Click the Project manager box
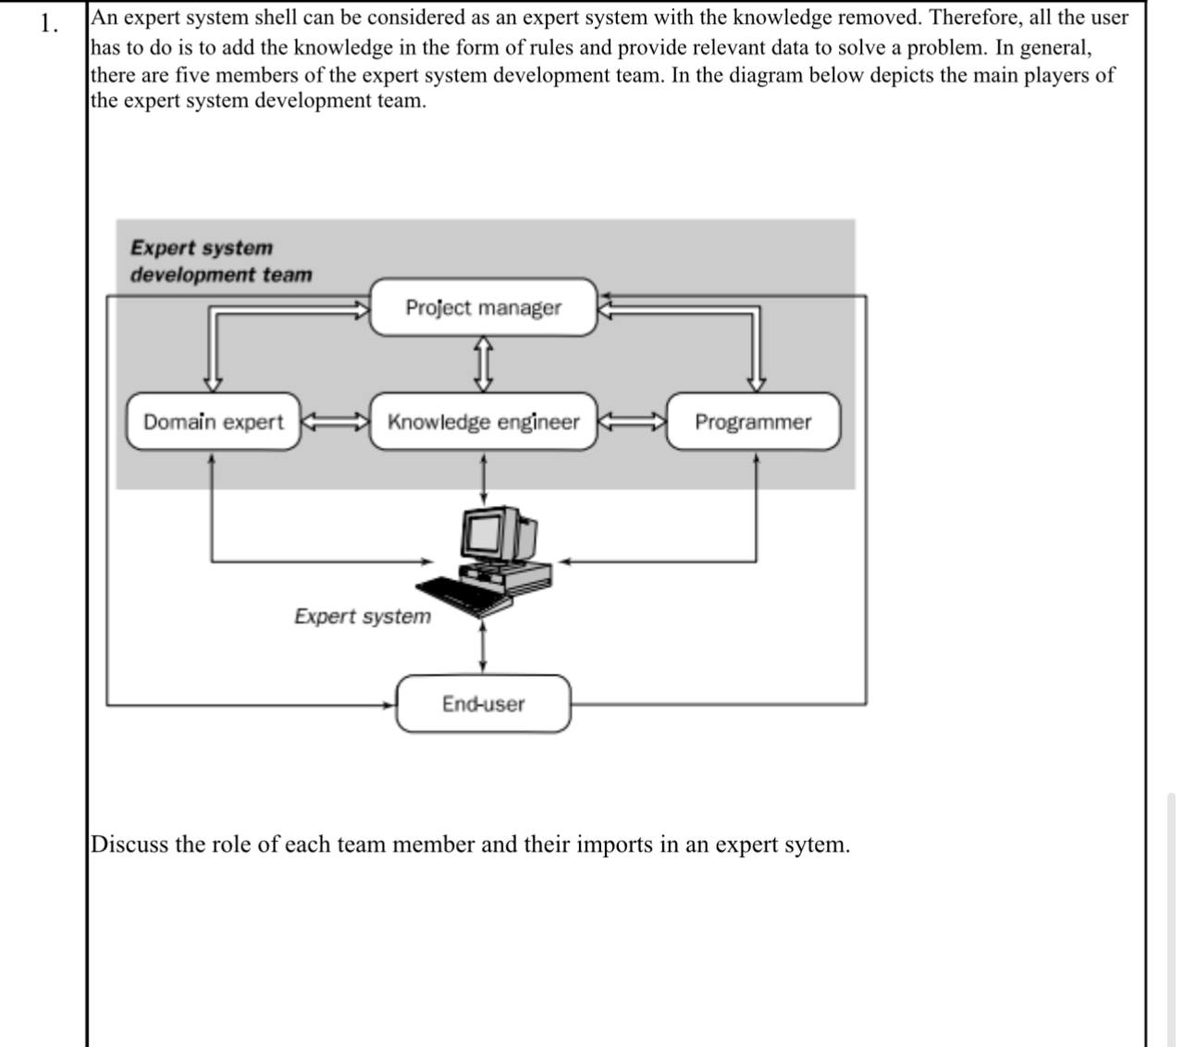(483, 308)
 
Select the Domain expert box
(214, 422)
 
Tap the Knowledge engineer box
(483, 422)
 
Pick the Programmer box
(753, 422)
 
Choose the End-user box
(483, 704)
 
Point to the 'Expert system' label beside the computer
(363, 616)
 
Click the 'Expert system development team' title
(220, 261)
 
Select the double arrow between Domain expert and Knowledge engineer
(335, 423)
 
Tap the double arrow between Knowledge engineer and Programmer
(632, 423)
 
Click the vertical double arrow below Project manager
(483, 363)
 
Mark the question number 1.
(49, 24)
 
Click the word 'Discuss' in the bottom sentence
(129, 844)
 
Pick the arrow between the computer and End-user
(483, 647)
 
